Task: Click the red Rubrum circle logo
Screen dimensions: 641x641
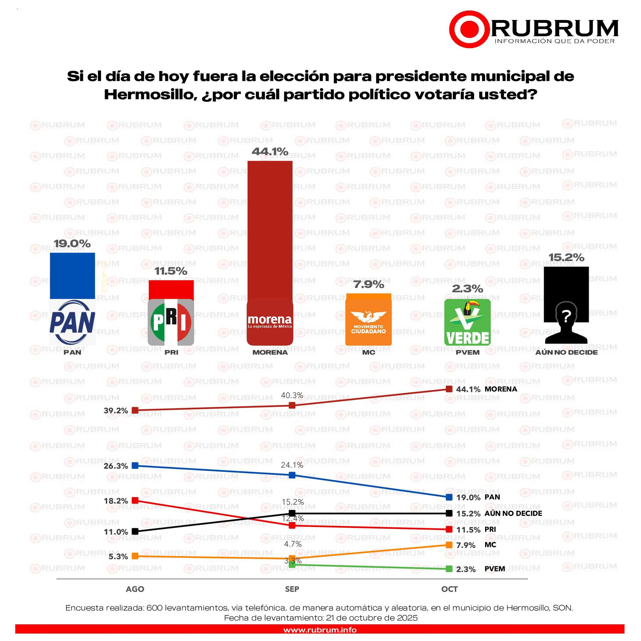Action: pyautogui.click(x=469, y=29)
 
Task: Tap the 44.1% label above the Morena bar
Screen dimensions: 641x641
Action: pyautogui.click(x=270, y=151)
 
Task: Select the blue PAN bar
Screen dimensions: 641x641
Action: pyautogui.click(x=72, y=276)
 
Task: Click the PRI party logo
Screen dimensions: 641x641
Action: pyautogui.click(x=171, y=322)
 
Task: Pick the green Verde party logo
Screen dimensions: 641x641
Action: pyautogui.click(x=467, y=322)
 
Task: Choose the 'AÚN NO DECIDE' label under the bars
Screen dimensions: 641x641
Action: pyautogui.click(x=566, y=352)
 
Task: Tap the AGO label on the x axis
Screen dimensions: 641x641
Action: pyautogui.click(x=135, y=589)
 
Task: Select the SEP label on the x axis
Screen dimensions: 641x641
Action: pyautogui.click(x=292, y=589)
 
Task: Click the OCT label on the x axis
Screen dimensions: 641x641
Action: pyautogui.click(x=449, y=589)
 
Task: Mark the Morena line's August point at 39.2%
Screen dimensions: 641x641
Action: pyautogui.click(x=135, y=410)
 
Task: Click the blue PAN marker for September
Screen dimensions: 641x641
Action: pyautogui.click(x=292, y=475)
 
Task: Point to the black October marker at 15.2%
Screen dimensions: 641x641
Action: pyautogui.click(x=449, y=513)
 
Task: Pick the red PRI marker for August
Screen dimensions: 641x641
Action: pyautogui.click(x=135, y=500)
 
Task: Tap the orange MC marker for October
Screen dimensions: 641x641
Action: pyautogui.click(x=449, y=545)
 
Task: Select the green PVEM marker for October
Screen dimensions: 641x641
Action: pyautogui.click(x=449, y=569)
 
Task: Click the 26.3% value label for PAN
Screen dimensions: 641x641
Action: pyautogui.click(x=116, y=466)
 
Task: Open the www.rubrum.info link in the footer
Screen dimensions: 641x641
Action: pyautogui.click(x=320, y=630)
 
